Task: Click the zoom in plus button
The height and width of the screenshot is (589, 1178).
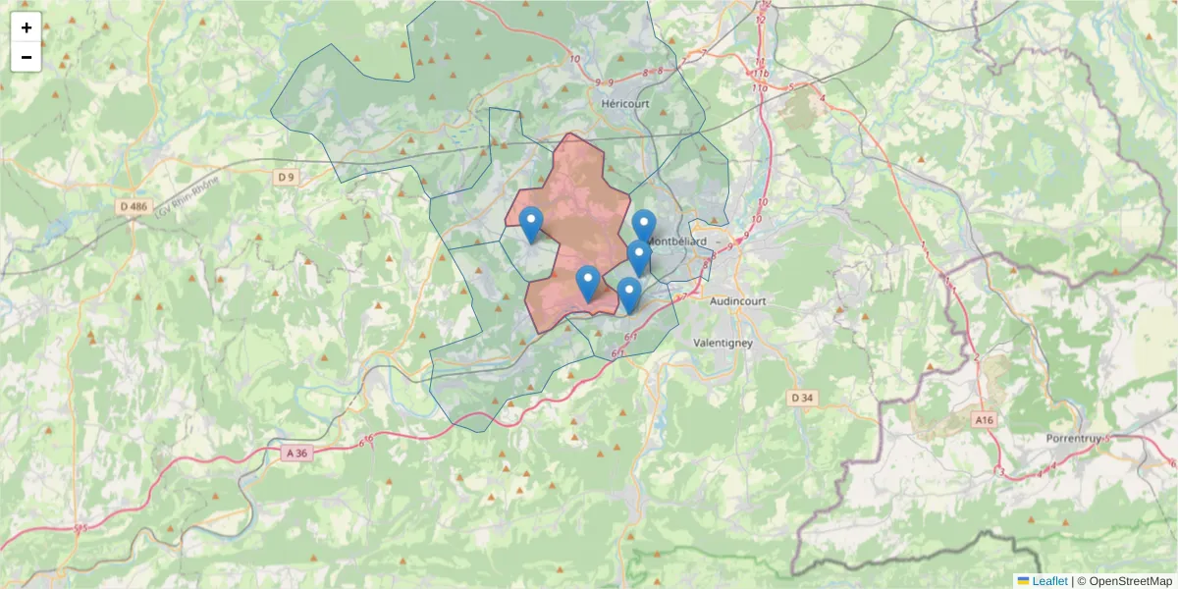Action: (27, 27)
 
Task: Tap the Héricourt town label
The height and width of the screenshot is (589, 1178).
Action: (625, 102)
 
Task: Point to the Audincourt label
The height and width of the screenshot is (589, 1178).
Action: (735, 302)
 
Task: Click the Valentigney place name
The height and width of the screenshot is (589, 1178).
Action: (723, 343)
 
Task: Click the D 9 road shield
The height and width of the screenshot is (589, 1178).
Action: (286, 177)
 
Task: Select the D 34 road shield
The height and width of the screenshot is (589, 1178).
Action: (801, 398)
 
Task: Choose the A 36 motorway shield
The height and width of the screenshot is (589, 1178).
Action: (296, 453)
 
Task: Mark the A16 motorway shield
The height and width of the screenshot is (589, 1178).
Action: (984, 419)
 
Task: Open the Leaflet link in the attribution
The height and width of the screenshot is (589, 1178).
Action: (1049, 581)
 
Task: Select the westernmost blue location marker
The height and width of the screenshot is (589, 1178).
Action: (530, 225)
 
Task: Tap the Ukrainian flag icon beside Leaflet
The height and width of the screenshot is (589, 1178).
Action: (1024, 581)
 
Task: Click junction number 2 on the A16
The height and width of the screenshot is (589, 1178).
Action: (977, 357)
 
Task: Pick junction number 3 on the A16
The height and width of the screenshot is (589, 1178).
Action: (1001, 473)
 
